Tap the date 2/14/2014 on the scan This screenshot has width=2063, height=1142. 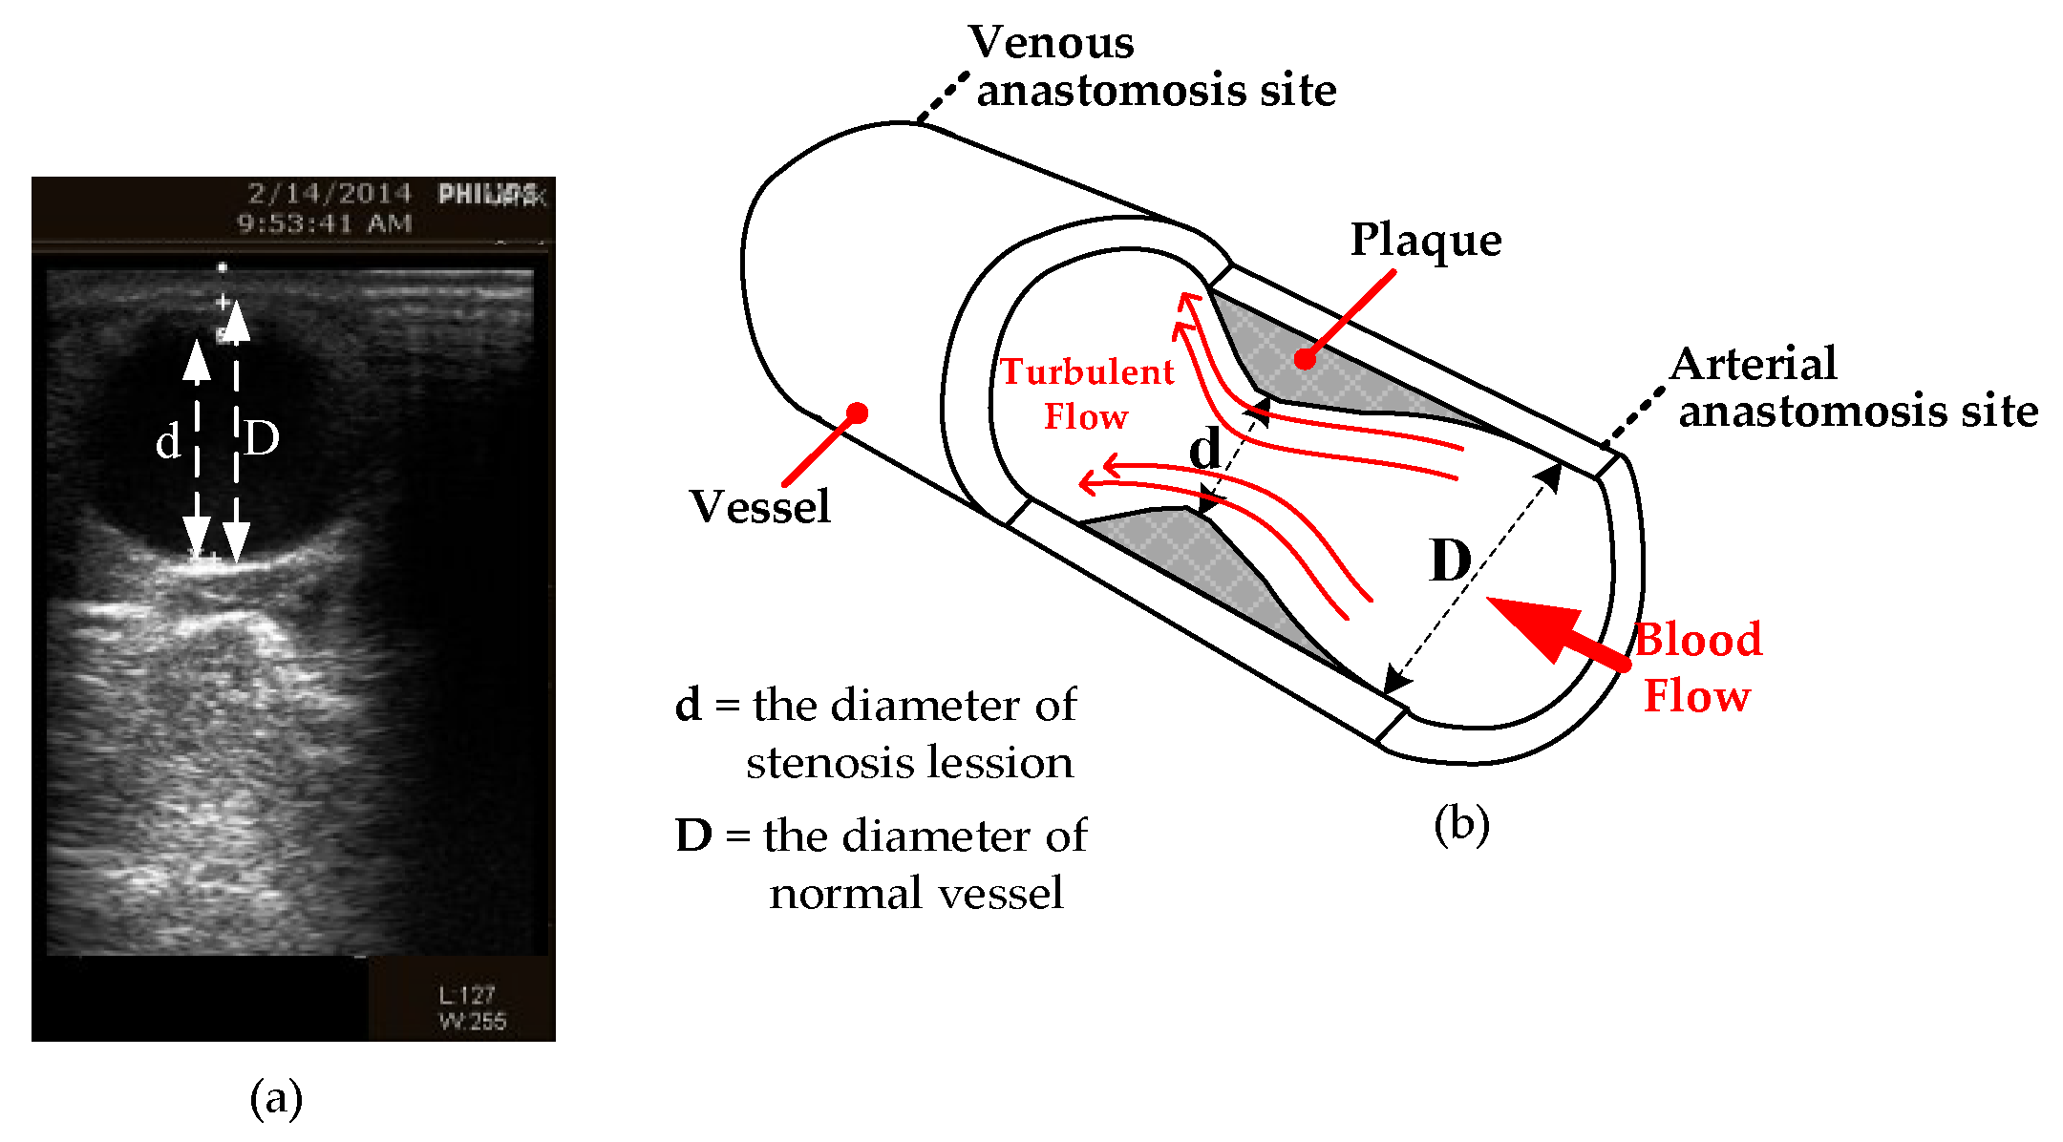click(330, 194)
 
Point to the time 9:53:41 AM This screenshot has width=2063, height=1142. click(325, 223)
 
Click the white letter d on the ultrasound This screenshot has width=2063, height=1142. click(168, 441)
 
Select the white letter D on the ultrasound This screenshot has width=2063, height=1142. click(261, 438)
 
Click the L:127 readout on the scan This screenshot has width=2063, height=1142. click(467, 995)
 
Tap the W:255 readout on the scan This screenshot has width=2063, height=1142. click(472, 1021)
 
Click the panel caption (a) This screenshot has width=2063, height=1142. click(276, 1097)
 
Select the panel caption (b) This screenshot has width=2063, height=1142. click(1461, 823)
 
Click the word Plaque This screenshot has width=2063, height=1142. click(1425, 240)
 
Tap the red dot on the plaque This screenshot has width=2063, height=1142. click(1305, 359)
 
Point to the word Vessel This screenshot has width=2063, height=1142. click(760, 506)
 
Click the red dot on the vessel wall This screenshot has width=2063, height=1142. click(857, 412)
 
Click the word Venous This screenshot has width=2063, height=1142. click(1051, 43)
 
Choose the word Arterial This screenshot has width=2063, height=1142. click(1754, 364)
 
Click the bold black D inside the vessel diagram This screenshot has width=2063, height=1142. click(1450, 560)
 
